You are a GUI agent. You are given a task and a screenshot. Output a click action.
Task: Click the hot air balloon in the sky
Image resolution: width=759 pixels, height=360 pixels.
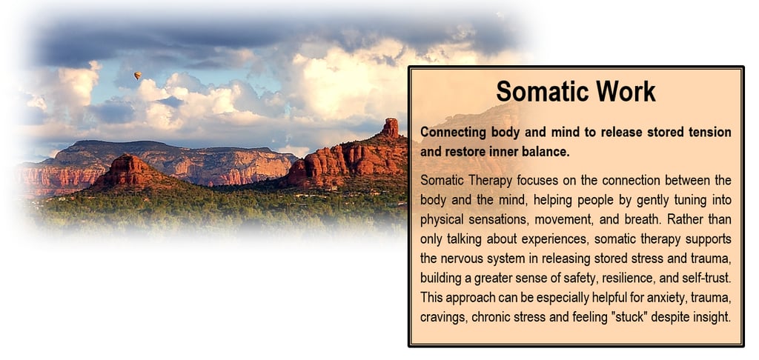(138, 76)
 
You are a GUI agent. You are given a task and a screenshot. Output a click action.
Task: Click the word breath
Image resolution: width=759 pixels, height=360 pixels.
(642, 220)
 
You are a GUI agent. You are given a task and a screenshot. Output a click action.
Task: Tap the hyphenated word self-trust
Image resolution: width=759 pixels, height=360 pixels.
(707, 278)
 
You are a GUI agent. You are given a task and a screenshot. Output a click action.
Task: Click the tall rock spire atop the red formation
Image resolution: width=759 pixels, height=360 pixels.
(390, 127)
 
